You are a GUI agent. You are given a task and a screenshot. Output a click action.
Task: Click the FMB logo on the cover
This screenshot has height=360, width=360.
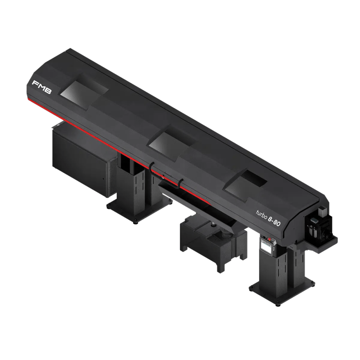tap(42, 87)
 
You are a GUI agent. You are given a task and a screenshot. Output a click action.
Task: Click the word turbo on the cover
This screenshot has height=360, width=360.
tap(261, 214)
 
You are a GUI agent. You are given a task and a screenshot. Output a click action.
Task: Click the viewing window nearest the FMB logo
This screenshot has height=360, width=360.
tap(84, 92)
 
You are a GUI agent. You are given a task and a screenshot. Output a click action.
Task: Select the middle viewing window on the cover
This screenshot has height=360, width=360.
tap(172, 142)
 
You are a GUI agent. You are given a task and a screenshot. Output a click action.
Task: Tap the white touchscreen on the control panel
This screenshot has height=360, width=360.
tap(266, 248)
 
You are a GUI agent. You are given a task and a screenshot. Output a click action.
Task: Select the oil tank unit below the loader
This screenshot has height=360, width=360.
tap(213, 241)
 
